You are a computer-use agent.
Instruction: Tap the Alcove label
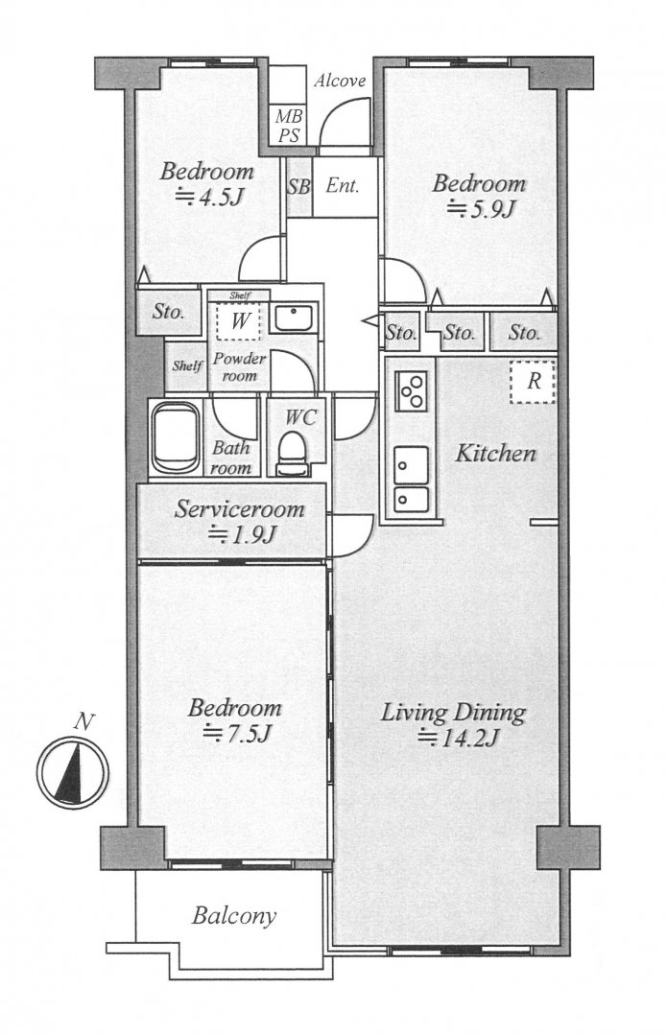[340, 82]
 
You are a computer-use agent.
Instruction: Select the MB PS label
[289, 126]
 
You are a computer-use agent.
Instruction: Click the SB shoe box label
[298, 187]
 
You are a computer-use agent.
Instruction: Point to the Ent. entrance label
[343, 186]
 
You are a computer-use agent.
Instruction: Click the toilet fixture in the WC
[292, 454]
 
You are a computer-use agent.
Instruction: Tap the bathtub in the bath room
[175, 437]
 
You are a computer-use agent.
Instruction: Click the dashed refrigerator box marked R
[533, 382]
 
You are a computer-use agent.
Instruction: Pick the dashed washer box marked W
[239, 321]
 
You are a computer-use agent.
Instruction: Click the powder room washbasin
[296, 318]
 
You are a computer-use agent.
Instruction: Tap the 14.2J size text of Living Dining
[459, 737]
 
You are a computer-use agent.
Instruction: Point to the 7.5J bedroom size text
[237, 733]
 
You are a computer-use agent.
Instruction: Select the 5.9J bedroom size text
[481, 208]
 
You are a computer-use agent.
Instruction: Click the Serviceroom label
[239, 509]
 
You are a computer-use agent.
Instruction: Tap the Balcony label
[234, 916]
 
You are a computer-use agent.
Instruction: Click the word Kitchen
[496, 453]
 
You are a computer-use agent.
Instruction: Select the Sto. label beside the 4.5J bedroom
[168, 311]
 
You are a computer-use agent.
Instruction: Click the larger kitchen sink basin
[412, 465]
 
